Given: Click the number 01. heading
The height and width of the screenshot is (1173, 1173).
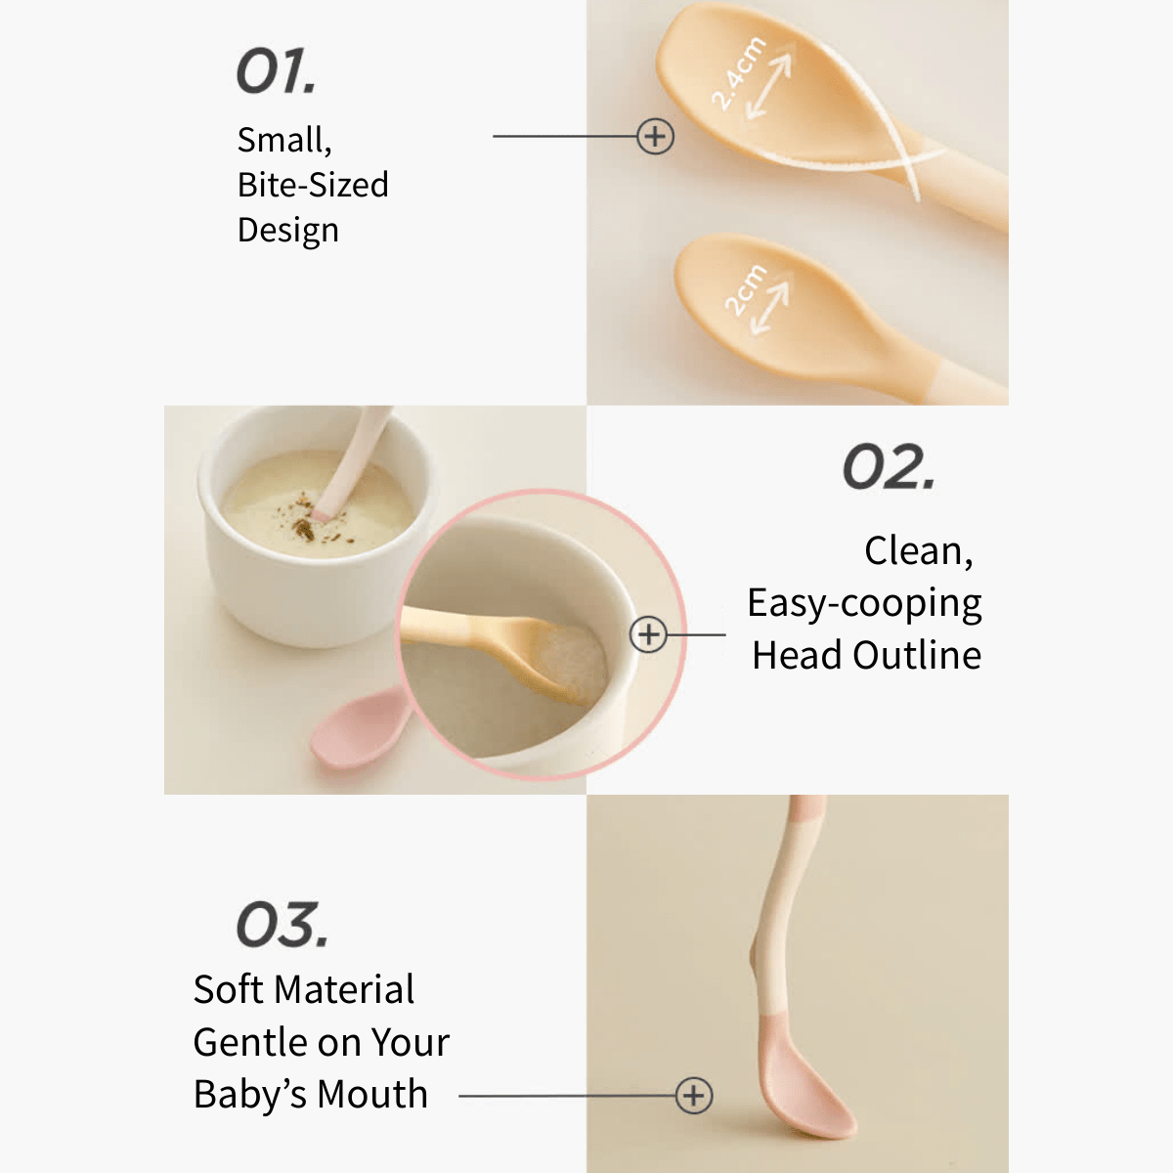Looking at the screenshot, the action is [x=276, y=71].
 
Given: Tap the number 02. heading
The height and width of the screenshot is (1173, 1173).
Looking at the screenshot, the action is [x=889, y=467].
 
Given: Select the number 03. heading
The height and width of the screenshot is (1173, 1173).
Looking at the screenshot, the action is [x=282, y=925].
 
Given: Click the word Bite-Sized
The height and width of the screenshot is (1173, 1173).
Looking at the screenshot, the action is [x=313, y=185].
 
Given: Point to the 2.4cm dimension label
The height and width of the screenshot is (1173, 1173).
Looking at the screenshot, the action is [x=738, y=73].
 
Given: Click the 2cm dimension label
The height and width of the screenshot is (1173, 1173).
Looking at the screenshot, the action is [x=746, y=289].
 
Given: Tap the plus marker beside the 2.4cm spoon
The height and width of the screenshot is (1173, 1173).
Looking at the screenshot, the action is [x=655, y=136].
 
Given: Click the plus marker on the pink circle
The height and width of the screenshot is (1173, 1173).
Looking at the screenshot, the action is [x=648, y=634].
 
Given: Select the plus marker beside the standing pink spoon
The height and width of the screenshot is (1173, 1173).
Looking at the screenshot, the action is [x=693, y=1096].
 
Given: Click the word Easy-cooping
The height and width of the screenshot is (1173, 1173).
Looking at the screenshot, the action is [x=864, y=604].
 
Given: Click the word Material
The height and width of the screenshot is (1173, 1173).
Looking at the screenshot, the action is [x=344, y=989].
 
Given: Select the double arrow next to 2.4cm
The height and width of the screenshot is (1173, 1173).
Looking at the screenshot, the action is [x=769, y=85].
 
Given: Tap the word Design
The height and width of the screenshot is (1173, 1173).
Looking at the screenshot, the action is [x=288, y=231].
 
